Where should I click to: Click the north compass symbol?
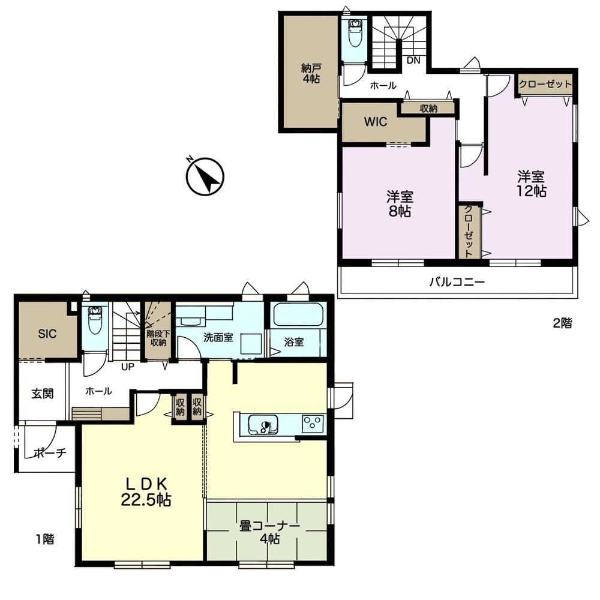pos(205,177)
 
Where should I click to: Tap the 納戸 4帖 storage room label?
pos(310,73)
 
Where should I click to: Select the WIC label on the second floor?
pos(376,122)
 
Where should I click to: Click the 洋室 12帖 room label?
pos(531,184)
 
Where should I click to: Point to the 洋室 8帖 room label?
pos(400,204)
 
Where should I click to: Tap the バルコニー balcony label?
pos(457,282)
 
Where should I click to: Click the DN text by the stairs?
pos(413,60)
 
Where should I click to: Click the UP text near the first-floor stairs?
pos(127,367)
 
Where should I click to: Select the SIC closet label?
pos(47,334)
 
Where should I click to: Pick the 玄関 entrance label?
pos(42,394)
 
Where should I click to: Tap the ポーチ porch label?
pos(50,453)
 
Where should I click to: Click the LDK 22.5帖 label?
pos(146,492)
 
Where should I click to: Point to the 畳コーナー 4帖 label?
pos(269,532)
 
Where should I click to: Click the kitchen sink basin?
pos(263,425)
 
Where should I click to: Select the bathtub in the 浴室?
pos(298,314)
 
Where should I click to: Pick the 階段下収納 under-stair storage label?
pos(158,338)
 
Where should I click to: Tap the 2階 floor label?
pos(562,323)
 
